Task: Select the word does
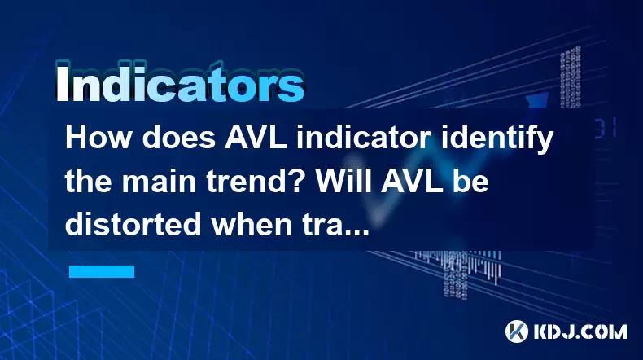179,138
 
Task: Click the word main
159,182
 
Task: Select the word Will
342,181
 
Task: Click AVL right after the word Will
411,181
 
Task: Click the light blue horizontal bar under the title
102,271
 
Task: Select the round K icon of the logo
517,331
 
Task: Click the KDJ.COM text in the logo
580,331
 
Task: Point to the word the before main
89,181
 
